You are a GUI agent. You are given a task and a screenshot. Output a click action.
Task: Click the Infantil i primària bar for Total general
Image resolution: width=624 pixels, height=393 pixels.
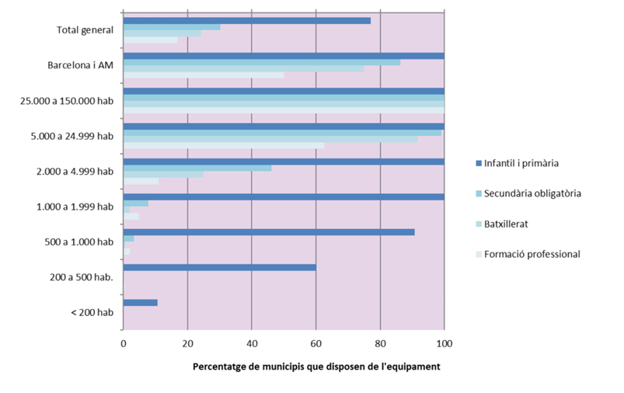[x=246, y=20]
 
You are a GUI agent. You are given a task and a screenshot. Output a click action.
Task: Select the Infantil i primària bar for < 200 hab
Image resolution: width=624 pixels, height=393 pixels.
[x=140, y=302]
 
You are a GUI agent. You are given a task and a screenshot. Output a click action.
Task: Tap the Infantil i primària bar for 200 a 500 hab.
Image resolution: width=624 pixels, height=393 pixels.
[x=219, y=267]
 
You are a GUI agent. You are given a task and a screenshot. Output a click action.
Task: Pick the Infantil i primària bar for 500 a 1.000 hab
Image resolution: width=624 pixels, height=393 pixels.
[x=268, y=231]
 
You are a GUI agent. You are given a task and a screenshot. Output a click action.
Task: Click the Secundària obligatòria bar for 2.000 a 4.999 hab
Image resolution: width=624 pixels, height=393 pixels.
[x=197, y=168]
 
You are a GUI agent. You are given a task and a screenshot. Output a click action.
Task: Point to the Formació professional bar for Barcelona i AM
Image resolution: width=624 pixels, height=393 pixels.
[x=204, y=75]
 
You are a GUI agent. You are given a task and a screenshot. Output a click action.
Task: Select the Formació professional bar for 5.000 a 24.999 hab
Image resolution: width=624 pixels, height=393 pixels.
[x=224, y=146]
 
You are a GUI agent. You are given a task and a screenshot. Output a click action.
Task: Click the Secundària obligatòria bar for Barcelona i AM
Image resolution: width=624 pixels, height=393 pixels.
[x=261, y=62]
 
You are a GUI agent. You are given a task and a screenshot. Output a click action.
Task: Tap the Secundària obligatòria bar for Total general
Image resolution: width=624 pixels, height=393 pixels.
[x=171, y=27]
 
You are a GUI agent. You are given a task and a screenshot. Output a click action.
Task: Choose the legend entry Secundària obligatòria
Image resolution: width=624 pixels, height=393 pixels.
[x=532, y=193]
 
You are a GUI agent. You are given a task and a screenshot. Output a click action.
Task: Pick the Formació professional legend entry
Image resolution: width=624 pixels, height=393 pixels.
[x=531, y=254]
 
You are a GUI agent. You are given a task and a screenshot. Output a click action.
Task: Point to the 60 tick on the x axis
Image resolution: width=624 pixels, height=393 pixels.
[x=315, y=343]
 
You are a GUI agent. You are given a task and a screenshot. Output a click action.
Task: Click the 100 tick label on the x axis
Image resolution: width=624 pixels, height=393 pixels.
[x=444, y=343]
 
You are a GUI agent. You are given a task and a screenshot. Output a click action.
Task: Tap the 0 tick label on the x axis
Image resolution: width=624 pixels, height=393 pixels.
[x=124, y=343]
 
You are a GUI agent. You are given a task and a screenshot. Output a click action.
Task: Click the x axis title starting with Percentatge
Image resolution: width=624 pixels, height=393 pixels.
[x=315, y=367]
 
